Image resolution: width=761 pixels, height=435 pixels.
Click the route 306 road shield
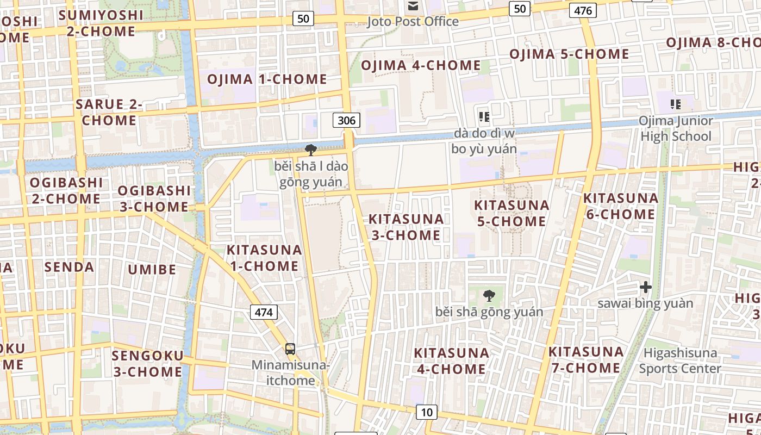(x=346, y=120)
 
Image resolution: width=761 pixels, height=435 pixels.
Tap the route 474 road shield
(x=264, y=312)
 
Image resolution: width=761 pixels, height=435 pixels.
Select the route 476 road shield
(x=583, y=10)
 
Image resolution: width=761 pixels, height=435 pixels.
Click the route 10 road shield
(x=427, y=412)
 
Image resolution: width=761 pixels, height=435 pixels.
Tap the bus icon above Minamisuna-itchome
(x=290, y=349)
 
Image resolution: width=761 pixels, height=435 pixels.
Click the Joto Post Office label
(x=413, y=22)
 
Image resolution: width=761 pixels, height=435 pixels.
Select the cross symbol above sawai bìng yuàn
(x=645, y=287)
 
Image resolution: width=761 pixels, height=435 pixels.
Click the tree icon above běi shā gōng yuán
(x=489, y=296)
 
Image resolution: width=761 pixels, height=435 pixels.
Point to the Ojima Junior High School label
(x=675, y=129)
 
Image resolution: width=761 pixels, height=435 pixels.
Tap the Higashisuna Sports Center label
(x=680, y=361)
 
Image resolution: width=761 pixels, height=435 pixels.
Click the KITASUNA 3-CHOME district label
(x=406, y=227)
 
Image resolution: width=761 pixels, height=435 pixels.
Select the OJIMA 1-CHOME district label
(x=267, y=79)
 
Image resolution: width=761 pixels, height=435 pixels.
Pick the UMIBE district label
(x=152, y=270)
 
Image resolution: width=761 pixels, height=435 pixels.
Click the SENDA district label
(x=69, y=267)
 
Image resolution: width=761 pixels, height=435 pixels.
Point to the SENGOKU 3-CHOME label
(x=147, y=364)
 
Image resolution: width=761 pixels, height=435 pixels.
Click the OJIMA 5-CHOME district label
(x=569, y=54)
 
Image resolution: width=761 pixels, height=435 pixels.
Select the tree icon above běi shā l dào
(x=311, y=150)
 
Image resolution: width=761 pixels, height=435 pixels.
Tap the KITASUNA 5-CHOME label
(x=511, y=213)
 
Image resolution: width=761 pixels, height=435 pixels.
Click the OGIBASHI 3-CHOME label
(x=154, y=199)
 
